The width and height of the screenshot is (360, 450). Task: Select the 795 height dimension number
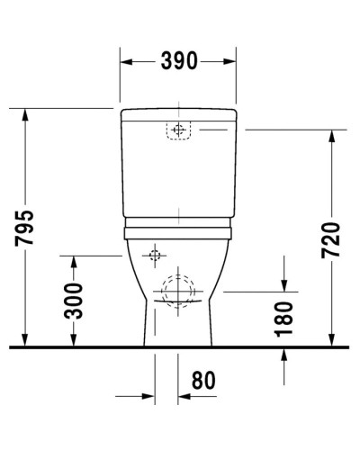(26, 229)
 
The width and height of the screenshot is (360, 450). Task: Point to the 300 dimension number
(76, 301)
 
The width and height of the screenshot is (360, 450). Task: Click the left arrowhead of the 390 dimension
(126, 62)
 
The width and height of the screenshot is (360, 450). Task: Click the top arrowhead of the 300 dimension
(76, 260)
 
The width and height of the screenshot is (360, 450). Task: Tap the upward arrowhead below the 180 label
(283, 353)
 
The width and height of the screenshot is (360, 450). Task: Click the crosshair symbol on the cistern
(178, 130)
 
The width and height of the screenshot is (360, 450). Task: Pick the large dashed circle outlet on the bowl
(178, 291)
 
